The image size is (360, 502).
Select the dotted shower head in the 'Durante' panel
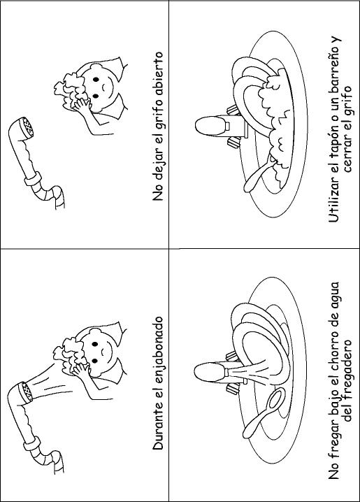(26, 392)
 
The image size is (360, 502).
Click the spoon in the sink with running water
(264, 413)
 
